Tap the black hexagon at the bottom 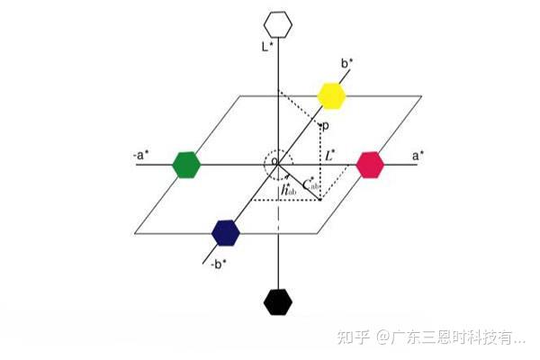[279, 302]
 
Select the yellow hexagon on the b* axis [332, 94]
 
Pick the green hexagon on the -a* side [185, 164]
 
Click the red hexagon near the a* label [370, 164]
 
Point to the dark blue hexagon [226, 232]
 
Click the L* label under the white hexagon [266, 45]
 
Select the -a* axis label [139, 155]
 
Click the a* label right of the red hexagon [418, 155]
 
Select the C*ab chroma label [312, 184]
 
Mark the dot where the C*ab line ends [320, 200]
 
